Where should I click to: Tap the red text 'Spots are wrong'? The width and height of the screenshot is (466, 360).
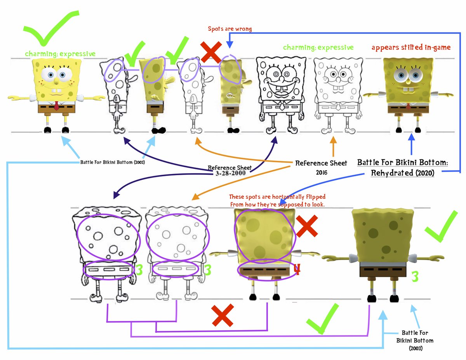point(230,29)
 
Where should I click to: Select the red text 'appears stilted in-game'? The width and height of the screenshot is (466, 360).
point(411,47)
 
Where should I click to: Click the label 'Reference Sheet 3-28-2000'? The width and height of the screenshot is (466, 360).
point(230,170)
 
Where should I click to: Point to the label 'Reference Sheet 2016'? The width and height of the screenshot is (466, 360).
point(321,167)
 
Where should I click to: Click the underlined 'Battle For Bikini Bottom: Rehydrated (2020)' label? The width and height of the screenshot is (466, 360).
point(402,167)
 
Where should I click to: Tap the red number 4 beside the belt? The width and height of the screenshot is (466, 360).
point(297,269)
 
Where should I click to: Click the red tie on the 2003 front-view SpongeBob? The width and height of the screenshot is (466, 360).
point(57,105)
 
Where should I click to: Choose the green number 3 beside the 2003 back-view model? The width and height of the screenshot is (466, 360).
point(415,277)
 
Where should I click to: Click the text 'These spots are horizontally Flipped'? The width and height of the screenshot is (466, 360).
point(277,197)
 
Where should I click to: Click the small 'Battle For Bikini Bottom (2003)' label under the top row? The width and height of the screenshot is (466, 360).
point(113,162)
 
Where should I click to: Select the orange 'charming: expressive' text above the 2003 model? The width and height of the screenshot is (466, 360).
point(60,54)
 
